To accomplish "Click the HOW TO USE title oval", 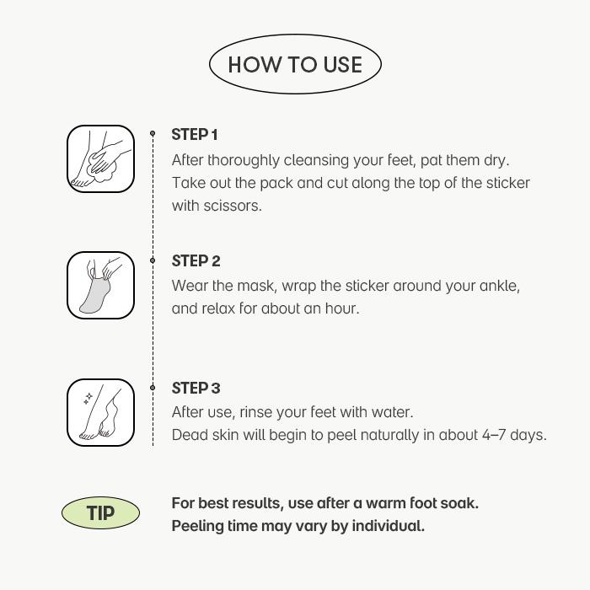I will click(295, 65).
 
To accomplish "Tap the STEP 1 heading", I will click(195, 135).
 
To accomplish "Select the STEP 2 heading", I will click(196, 261).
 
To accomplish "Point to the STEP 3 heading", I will click(196, 388).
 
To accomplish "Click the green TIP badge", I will click(100, 513).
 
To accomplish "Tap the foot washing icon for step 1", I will click(100, 158).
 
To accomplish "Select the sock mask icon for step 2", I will click(100, 285).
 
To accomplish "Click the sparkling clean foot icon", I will click(100, 411).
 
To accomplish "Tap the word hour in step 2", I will click(342, 308).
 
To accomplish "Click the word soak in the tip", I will click(460, 503).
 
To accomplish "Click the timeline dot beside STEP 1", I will click(153, 133).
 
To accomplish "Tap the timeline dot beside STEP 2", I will click(153, 260).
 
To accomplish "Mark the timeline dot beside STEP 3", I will click(153, 388).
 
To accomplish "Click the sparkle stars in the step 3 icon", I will click(88, 399).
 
